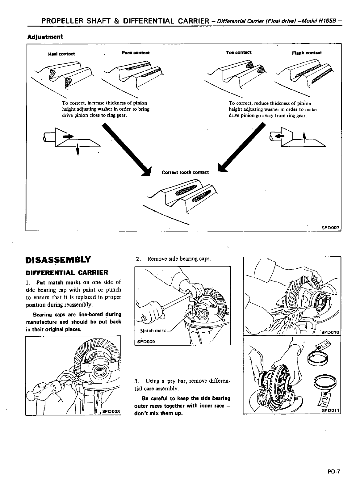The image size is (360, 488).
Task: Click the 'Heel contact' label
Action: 61,54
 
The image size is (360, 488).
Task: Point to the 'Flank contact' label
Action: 307,53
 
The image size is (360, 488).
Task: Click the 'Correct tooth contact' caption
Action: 185,172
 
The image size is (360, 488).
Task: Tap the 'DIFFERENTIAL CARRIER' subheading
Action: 67,272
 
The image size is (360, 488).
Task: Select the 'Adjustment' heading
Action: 45,37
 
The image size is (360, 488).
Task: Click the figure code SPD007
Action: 330,228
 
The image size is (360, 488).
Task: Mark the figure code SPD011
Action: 330,410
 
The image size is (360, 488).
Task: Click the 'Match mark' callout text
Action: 153,331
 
